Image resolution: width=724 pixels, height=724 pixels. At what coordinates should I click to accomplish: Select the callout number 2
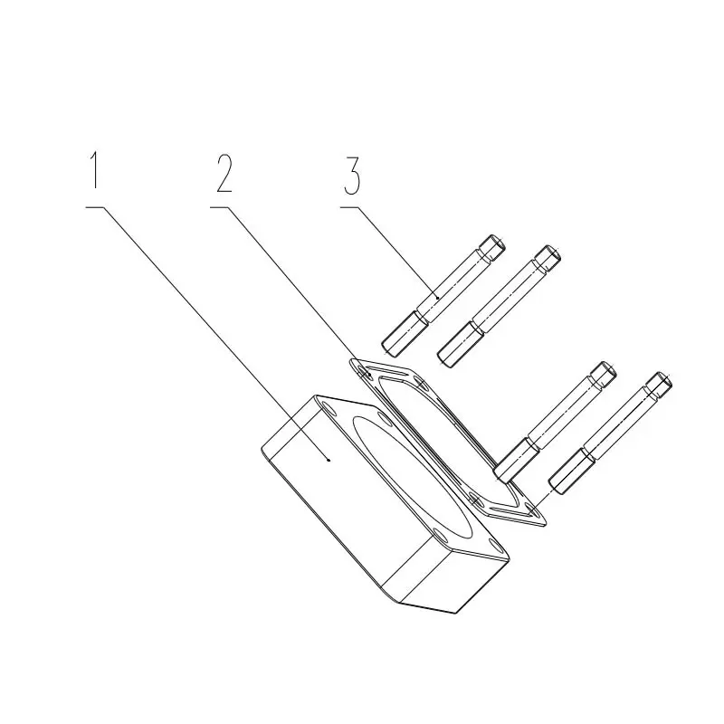pos(224,173)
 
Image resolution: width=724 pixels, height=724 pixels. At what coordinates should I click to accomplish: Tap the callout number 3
pos(352,176)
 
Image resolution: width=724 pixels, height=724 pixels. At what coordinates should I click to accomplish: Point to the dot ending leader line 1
pos(329,460)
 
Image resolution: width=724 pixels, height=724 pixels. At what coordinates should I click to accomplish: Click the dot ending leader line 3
pos(436,298)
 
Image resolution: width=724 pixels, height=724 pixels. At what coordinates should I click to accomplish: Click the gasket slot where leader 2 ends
pos(365,372)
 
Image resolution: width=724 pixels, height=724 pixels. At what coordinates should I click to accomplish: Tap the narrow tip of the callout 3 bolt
pos(492,247)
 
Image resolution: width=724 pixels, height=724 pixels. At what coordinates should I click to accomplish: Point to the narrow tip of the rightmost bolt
pos(659,384)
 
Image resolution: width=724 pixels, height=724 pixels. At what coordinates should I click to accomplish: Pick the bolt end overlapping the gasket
pos(515,461)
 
